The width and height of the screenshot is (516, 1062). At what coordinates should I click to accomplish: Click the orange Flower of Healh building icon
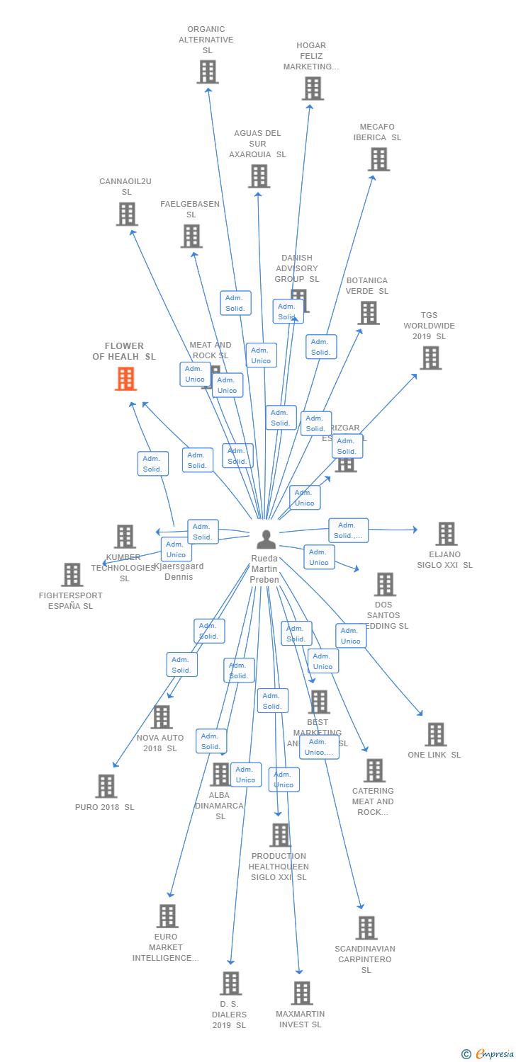(125, 379)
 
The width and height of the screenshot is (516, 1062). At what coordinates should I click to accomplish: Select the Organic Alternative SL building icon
(208, 72)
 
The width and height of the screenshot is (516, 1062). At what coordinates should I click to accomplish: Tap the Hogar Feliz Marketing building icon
(313, 88)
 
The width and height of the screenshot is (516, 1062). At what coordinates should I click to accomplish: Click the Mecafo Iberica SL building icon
(378, 159)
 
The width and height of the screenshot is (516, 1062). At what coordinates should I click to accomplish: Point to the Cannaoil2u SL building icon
(127, 214)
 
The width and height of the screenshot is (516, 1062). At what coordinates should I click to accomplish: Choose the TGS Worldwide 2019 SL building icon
(430, 358)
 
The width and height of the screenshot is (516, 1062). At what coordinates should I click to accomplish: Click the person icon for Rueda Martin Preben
(266, 539)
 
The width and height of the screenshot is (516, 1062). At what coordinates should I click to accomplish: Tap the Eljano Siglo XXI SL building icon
(446, 534)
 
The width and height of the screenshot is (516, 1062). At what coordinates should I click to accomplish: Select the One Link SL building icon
(435, 734)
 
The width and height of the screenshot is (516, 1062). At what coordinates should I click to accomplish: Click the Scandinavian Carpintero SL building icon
(366, 927)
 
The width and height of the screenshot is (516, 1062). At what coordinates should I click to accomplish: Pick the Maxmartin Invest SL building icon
(302, 993)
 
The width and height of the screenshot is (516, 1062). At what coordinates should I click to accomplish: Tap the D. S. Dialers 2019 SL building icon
(230, 983)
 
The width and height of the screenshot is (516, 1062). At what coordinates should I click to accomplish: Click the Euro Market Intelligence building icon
(167, 916)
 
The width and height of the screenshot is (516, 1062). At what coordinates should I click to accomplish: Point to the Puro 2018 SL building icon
(106, 786)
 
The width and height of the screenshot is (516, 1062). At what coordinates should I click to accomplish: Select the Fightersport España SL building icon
(72, 575)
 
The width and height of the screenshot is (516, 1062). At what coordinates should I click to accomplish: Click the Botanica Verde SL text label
(366, 286)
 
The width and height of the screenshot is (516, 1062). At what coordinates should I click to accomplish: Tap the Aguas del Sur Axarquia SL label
(257, 144)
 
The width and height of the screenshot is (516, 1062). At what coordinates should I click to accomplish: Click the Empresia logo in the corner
(488, 1054)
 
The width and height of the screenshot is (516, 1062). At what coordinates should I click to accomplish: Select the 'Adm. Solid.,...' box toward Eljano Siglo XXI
(348, 530)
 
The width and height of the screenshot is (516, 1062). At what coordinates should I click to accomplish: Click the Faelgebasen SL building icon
(191, 236)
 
